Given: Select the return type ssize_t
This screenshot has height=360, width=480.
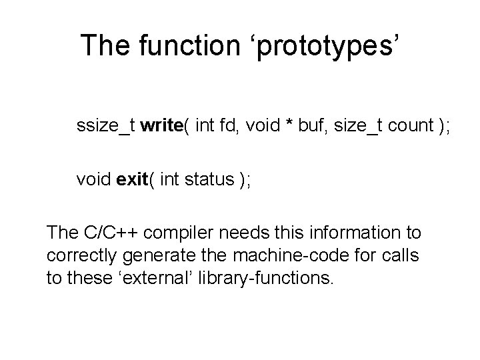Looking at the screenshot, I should point(105,127).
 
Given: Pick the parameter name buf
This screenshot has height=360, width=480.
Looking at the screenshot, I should point(309,127).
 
